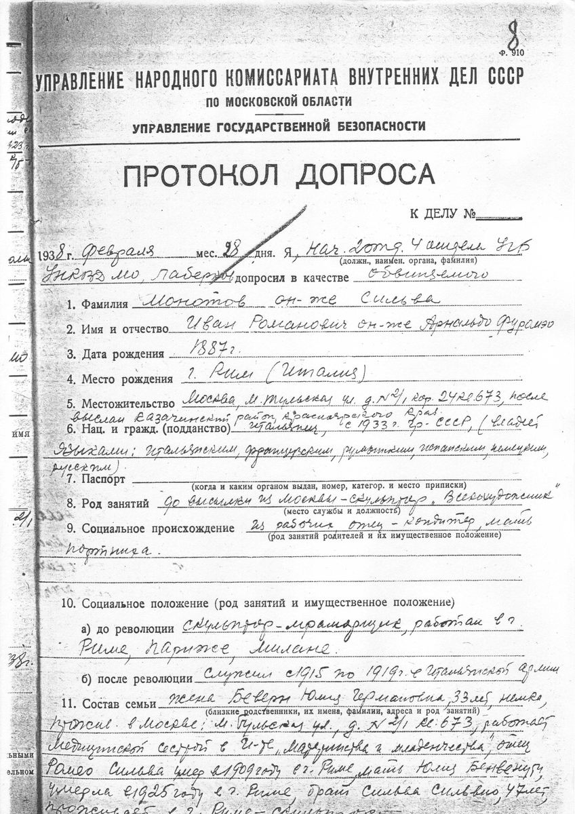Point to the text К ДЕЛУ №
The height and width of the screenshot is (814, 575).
point(441,216)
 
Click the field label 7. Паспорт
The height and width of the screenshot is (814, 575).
point(95,479)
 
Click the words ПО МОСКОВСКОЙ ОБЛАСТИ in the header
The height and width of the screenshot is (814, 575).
point(279,102)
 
